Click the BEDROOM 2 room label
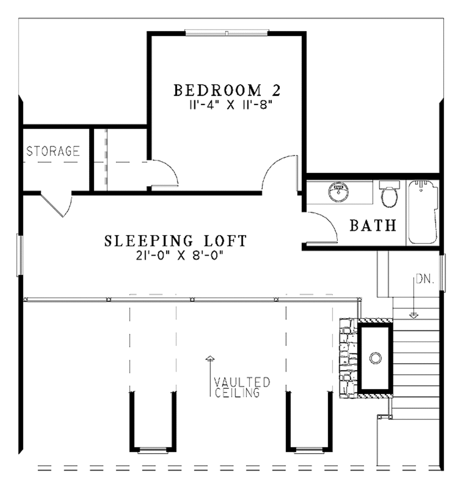(x=227, y=90)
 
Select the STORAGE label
(x=53, y=151)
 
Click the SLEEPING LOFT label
(x=175, y=241)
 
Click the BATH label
(x=373, y=226)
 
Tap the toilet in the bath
(x=389, y=195)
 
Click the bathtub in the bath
(x=423, y=212)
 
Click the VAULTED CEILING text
(x=242, y=388)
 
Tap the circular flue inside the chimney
(x=375, y=357)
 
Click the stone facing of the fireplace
(x=347, y=357)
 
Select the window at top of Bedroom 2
(x=227, y=33)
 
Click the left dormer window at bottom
(x=153, y=450)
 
